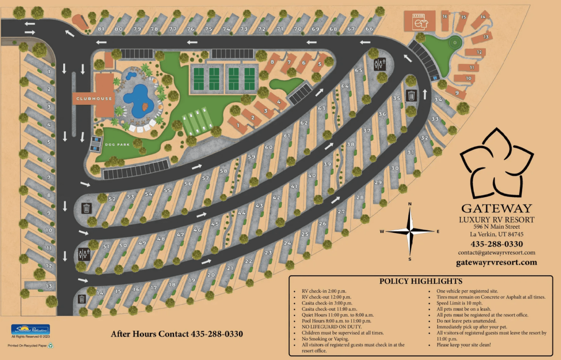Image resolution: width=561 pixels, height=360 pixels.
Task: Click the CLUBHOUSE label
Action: click(94, 99)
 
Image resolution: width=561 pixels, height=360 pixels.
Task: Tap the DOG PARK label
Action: click(117, 145)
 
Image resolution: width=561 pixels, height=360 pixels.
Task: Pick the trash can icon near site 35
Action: click(411, 95)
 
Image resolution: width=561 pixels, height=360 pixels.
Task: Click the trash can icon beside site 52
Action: click(87, 208)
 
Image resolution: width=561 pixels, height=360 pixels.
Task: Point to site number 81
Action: click(101, 29)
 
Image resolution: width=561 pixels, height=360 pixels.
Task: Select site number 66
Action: click(369, 29)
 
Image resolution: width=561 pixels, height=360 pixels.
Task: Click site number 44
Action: click(242, 213)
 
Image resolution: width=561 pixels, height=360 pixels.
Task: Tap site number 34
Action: click(438, 100)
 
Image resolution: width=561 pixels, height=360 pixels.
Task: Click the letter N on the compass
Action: click(410, 204)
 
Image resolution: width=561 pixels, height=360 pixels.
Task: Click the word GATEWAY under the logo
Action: click(496, 208)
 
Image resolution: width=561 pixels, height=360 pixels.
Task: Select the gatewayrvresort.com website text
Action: click(496, 262)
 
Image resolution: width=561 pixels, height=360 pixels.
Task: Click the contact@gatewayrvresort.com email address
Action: click(496, 253)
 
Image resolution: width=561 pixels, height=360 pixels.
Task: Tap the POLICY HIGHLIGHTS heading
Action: click(421, 281)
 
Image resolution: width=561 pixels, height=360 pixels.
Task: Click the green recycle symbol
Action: click(50, 345)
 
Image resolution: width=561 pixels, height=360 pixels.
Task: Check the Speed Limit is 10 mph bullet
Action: click(459, 303)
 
